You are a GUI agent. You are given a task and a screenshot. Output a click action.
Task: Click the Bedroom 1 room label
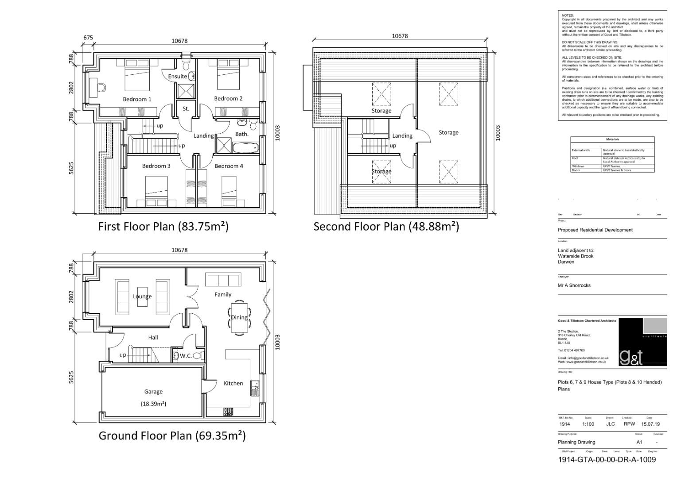coord(137,99)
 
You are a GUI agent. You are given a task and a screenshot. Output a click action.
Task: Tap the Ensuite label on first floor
coord(177,76)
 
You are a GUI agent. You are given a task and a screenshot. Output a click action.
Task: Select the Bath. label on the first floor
coord(241,134)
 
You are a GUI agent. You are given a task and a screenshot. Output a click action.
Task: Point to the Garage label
coord(153,392)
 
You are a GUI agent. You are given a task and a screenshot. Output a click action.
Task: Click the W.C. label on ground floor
coord(186,356)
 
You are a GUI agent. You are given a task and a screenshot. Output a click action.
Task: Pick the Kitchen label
coord(233,383)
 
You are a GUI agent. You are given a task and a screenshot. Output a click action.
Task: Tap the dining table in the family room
coord(239,317)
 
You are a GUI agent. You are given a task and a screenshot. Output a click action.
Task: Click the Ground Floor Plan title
coord(172,436)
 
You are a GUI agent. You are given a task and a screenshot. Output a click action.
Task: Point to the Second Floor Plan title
coord(386,227)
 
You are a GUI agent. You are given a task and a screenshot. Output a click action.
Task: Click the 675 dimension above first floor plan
coord(88,38)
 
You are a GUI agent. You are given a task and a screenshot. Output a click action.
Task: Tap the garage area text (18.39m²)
coord(153,404)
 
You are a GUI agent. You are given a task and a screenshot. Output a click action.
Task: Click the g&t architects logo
coord(642,342)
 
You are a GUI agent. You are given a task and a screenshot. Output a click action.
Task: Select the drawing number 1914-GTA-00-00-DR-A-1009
coord(607,459)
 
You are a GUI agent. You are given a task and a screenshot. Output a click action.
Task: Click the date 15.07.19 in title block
coord(650,424)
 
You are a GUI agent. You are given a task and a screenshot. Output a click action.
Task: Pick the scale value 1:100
coord(588,424)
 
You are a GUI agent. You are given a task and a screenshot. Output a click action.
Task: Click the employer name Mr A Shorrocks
coord(574,285)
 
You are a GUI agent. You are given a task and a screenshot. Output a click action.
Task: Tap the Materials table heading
coord(612,139)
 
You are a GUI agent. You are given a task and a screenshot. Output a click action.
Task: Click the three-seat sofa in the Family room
coord(223,280)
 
